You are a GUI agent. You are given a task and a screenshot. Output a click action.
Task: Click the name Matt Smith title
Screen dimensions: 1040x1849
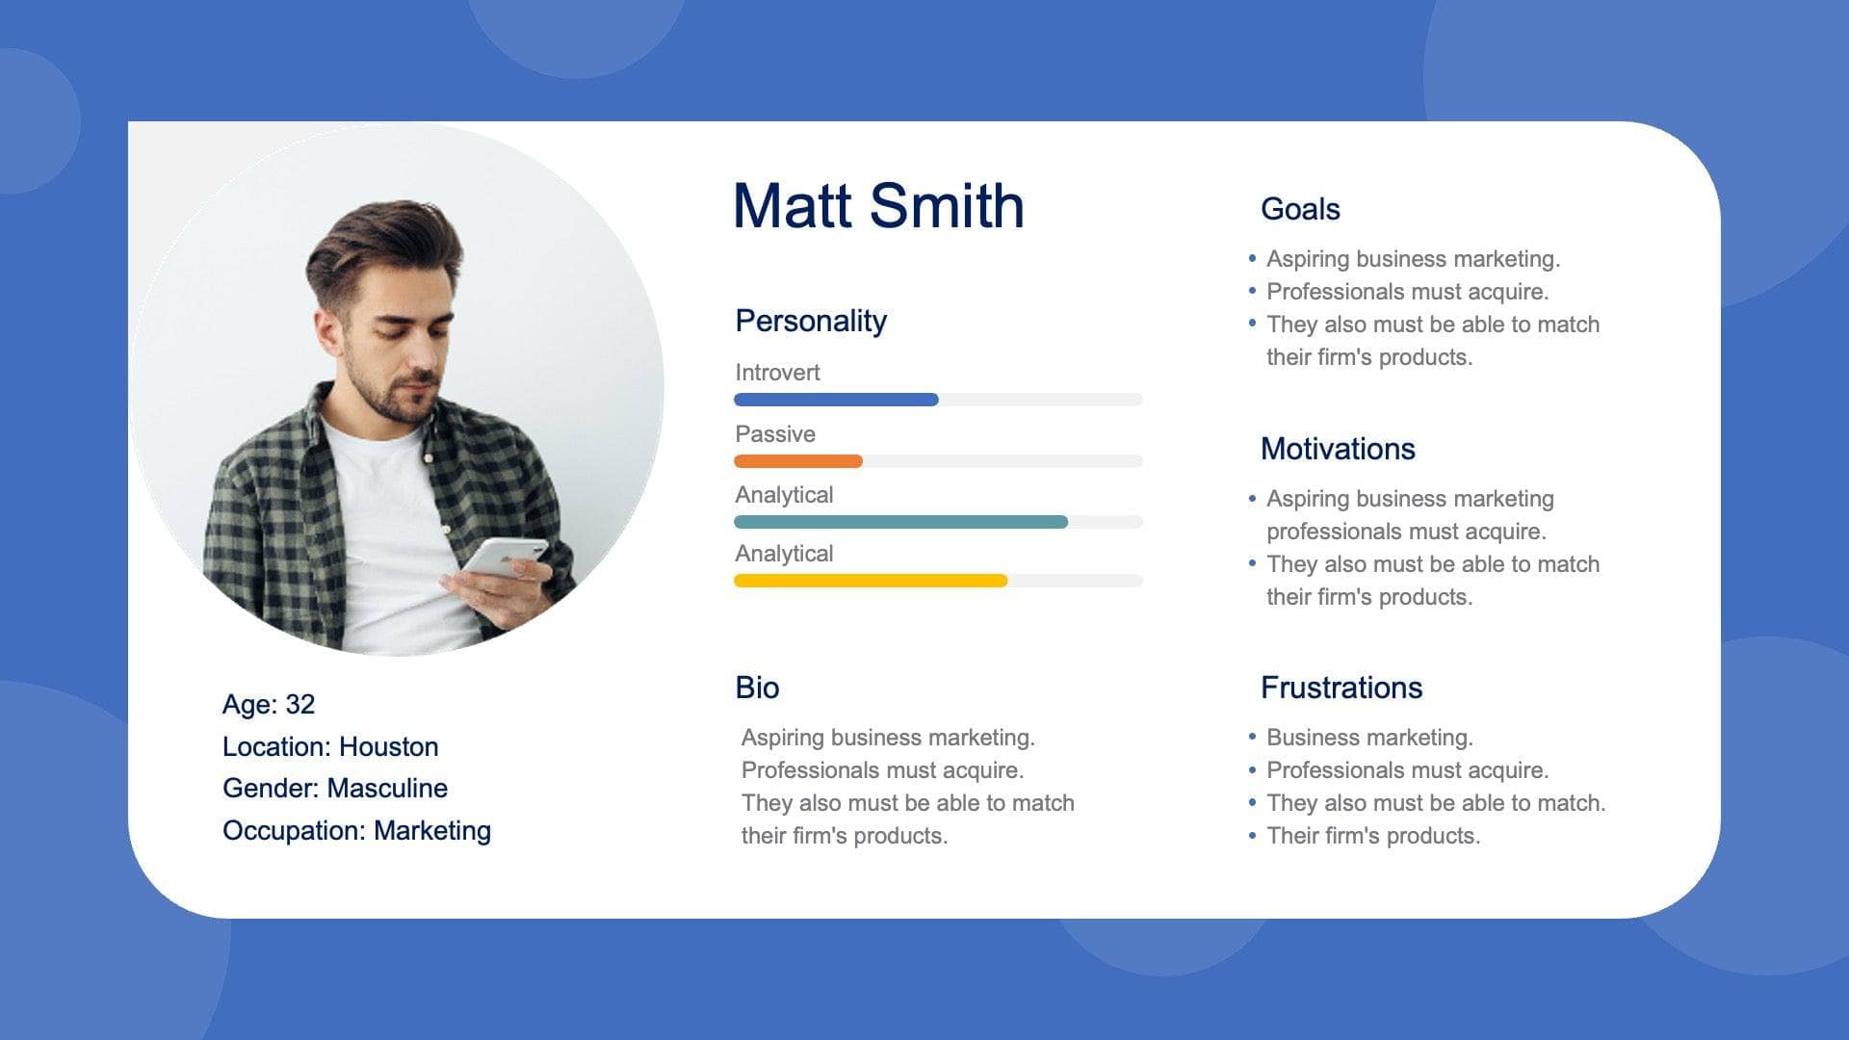pos(878,206)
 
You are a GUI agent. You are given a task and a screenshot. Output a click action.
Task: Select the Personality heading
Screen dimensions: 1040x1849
pos(810,321)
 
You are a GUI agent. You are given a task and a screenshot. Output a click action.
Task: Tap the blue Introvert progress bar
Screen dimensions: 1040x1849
pos(836,400)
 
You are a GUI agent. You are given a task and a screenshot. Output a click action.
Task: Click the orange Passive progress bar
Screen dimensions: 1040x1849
pos(797,461)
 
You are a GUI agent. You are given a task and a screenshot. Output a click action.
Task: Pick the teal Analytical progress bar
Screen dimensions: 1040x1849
pos(900,522)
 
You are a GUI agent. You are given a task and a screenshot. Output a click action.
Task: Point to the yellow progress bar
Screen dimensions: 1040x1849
pos(871,581)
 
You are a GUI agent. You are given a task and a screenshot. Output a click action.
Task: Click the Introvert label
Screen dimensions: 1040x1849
pos(777,373)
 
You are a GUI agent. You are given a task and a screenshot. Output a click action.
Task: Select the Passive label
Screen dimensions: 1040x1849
pos(774,434)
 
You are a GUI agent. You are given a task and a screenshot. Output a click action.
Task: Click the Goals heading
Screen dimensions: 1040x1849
pos(1299,209)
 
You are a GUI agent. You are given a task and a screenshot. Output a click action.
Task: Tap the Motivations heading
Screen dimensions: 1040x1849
pos(1337,449)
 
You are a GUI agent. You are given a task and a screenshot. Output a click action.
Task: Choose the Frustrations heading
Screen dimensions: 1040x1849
pos(1341,688)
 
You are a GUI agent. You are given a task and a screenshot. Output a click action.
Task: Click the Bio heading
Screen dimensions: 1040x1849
pos(757,688)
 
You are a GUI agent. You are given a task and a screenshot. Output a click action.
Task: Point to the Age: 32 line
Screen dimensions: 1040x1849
pos(268,704)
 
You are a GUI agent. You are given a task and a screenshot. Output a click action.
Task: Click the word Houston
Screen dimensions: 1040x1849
pos(388,746)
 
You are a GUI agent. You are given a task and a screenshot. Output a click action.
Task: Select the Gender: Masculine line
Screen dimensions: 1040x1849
pos(334,788)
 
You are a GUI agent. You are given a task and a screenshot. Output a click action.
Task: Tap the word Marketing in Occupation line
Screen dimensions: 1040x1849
pos(431,830)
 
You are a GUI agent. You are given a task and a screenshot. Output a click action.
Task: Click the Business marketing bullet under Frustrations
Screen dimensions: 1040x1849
pos(1368,738)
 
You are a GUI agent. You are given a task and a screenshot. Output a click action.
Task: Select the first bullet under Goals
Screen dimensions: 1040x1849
pos(1412,259)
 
